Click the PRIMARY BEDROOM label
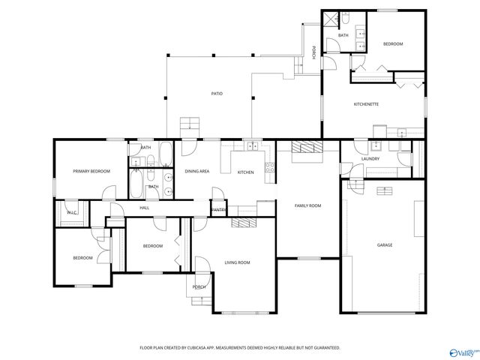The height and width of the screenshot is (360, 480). [x=91, y=172]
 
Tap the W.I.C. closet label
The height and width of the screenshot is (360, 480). [x=73, y=213]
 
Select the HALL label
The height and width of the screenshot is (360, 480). [x=145, y=208]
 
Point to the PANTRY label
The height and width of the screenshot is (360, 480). [x=219, y=210]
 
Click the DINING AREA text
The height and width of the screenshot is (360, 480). [x=196, y=172]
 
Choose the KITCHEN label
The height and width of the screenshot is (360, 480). [x=246, y=172]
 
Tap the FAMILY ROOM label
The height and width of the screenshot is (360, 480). [x=307, y=205]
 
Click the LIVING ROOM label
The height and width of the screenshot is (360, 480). [x=237, y=262]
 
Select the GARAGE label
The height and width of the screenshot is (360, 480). [x=384, y=245]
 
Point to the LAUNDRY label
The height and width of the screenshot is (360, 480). [x=370, y=159]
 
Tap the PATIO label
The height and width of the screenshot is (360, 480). [x=216, y=94]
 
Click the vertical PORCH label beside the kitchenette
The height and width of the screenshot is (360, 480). [x=313, y=52]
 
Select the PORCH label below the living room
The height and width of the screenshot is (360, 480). [x=199, y=287]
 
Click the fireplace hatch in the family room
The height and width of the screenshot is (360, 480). [x=306, y=147]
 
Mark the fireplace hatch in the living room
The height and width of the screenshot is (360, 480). [x=244, y=223]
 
